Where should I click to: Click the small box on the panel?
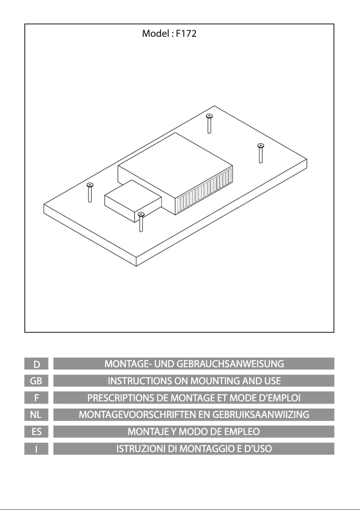[132, 200]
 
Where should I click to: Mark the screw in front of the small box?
[141, 222]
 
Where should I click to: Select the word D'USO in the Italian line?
[258, 449]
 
